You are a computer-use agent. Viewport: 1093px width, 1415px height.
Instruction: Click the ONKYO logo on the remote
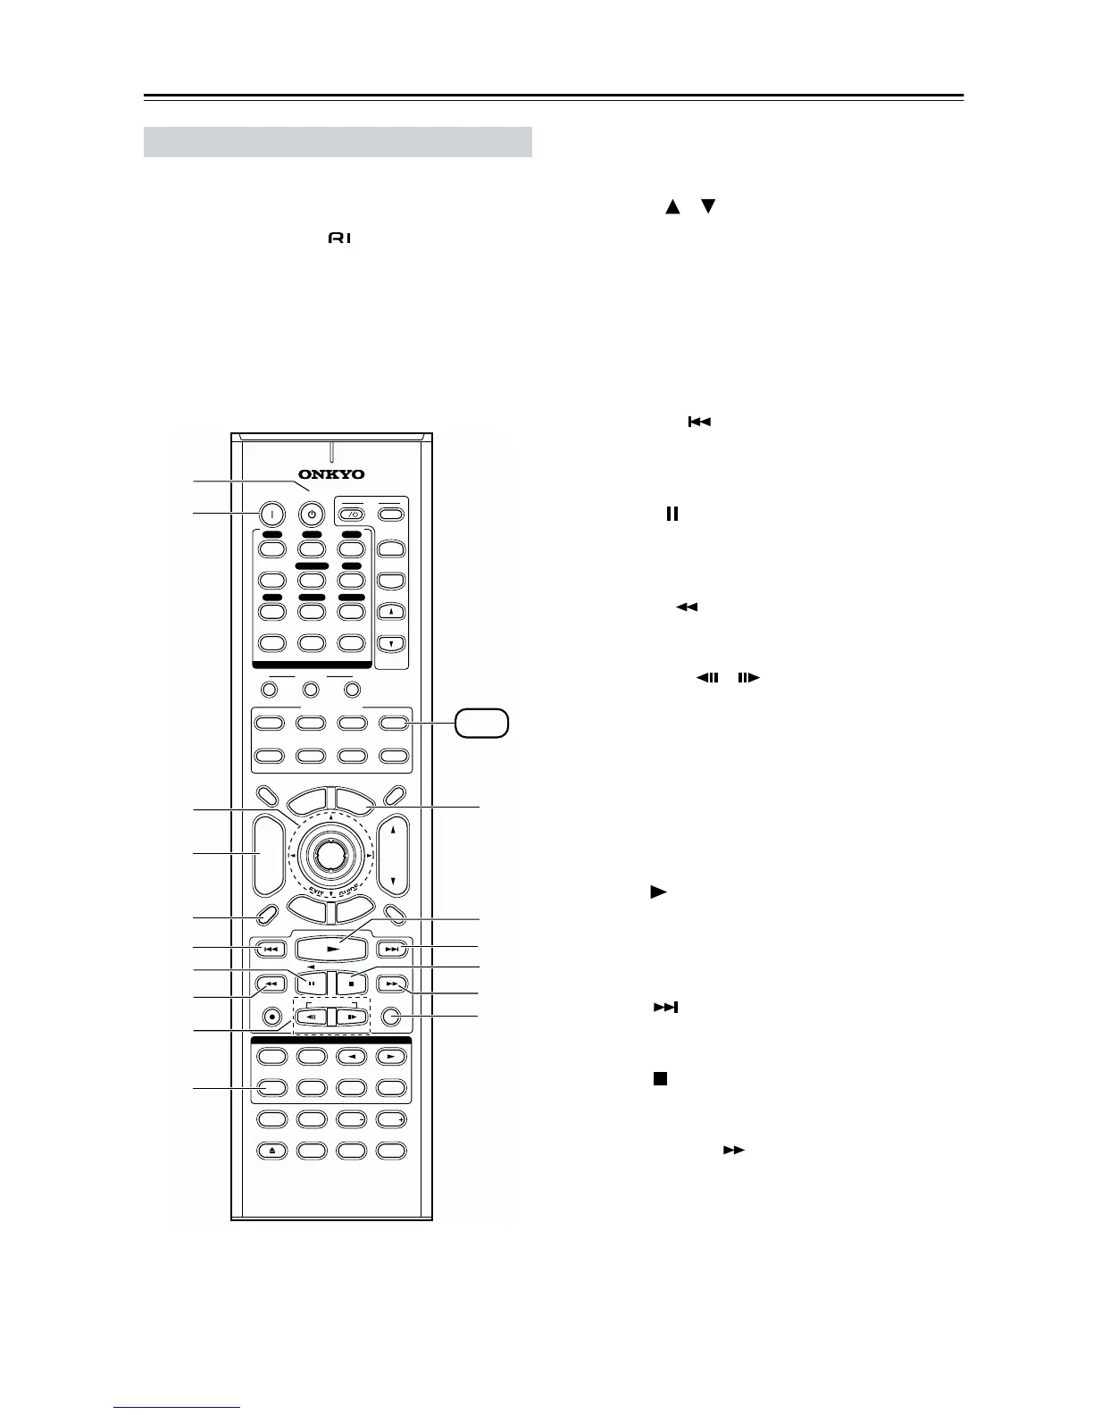click(331, 474)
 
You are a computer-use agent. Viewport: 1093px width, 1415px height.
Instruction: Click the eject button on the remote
click(272, 1151)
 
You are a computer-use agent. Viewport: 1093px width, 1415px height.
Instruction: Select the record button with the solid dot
click(272, 1017)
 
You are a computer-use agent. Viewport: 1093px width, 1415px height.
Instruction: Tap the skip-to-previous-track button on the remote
click(271, 949)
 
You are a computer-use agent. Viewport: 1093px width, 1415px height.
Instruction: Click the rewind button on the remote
click(271, 984)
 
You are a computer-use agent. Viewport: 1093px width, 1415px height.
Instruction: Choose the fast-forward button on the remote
click(392, 984)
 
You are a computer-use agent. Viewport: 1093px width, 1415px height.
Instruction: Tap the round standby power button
click(311, 514)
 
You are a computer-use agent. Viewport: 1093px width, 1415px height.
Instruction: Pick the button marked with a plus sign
click(392, 1118)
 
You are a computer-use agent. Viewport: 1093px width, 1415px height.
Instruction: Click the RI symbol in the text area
click(340, 239)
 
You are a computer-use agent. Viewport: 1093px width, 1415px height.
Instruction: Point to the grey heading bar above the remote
click(338, 141)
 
